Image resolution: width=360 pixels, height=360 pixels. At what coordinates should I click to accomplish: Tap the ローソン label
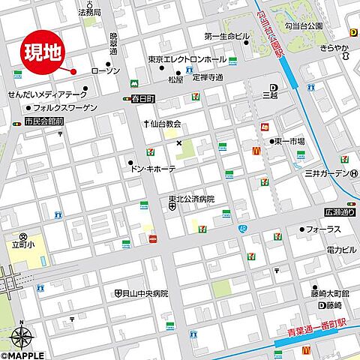pyautogui.click(x=105, y=70)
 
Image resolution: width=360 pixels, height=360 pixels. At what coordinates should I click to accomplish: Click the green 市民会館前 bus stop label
pyautogui.click(x=43, y=121)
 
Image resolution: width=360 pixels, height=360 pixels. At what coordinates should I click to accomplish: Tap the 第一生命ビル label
pyautogui.click(x=226, y=36)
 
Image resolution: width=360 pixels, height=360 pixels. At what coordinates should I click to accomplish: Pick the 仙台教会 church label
pyautogui.click(x=166, y=124)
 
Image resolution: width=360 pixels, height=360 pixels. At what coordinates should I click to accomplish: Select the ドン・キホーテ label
pyautogui.click(x=154, y=169)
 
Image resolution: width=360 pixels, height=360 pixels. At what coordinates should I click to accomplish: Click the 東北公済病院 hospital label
pyautogui.click(x=191, y=199)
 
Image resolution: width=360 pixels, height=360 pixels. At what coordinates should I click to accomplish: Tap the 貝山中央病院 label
pyautogui.click(x=145, y=293)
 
